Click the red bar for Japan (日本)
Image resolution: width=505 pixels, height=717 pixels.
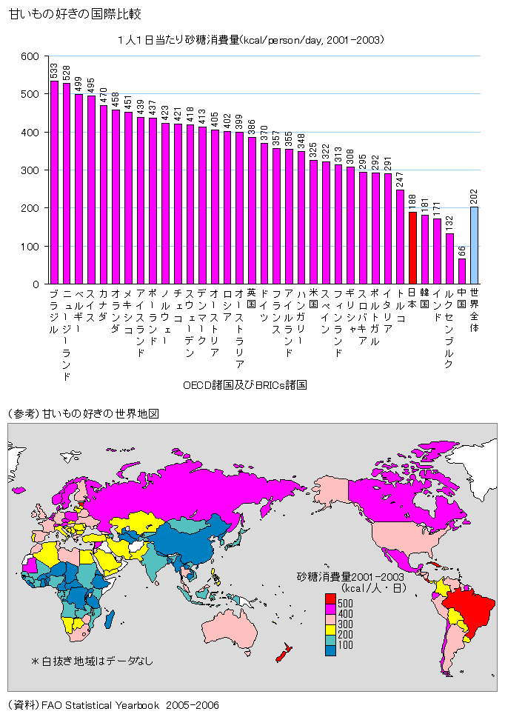tap(412, 248)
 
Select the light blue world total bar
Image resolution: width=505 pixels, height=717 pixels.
tap(474, 245)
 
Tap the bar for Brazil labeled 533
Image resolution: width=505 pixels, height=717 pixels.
tap(54, 182)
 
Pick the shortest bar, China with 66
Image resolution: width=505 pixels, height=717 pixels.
tap(462, 271)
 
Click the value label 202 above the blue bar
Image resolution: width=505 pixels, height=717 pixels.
tap(474, 197)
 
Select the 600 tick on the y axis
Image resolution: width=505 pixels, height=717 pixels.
tap(30, 56)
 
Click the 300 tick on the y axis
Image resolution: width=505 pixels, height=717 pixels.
tap(30, 170)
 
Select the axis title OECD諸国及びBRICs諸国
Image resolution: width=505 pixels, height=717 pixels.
tap(244, 385)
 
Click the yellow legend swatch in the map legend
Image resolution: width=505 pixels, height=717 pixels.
tap(330, 627)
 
